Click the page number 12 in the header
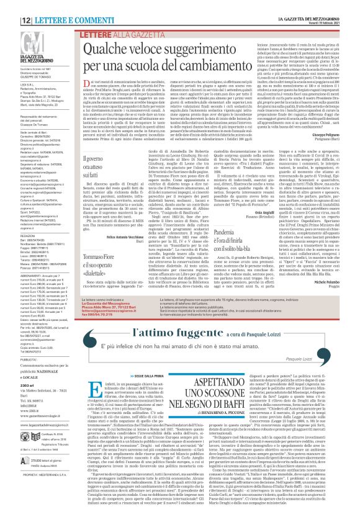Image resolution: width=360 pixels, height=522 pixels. click(x=11, y=5)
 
